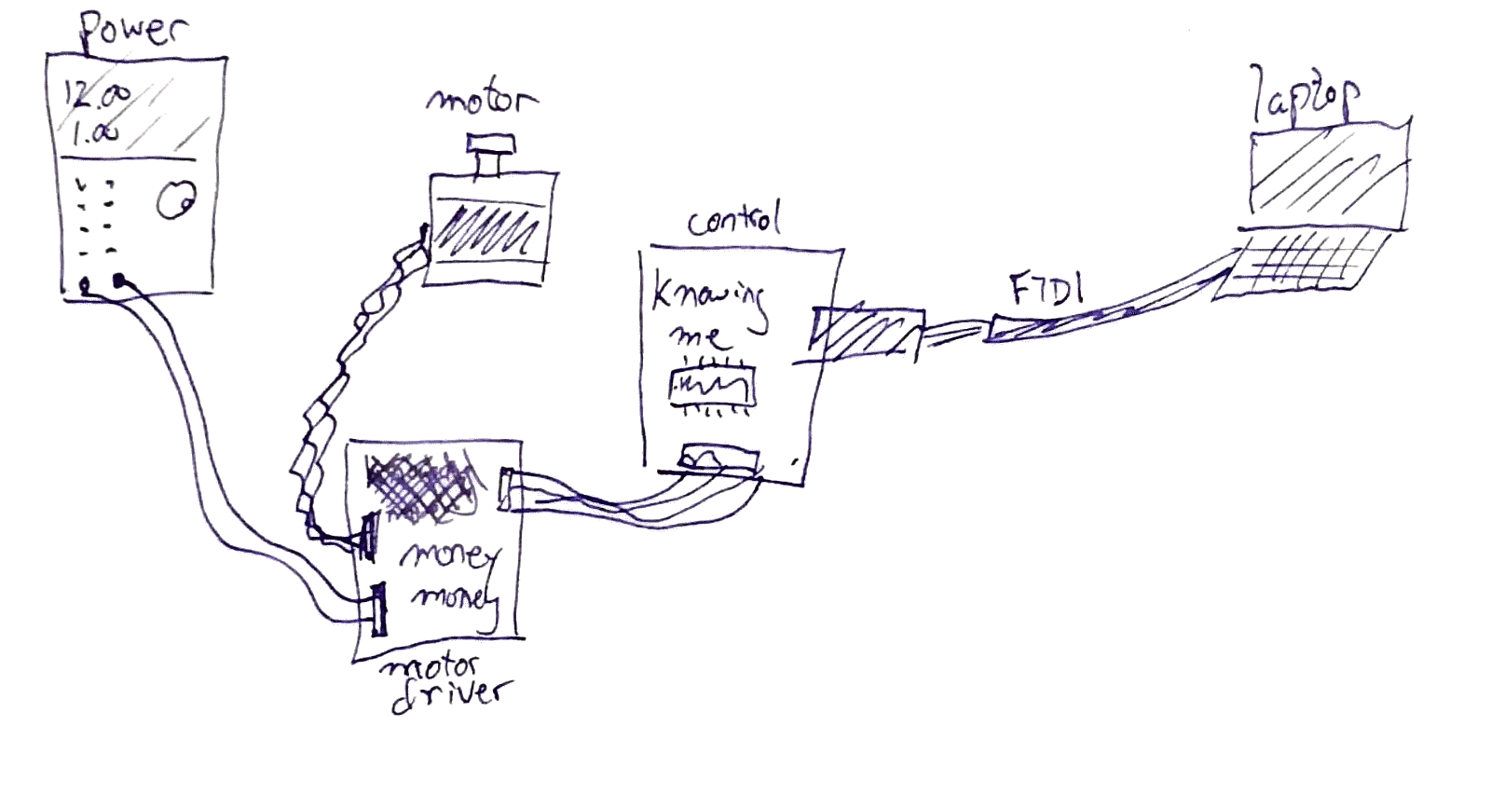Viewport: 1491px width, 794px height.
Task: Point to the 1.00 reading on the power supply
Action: point(96,132)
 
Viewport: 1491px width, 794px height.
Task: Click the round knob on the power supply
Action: point(174,199)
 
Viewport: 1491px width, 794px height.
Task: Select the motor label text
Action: point(482,100)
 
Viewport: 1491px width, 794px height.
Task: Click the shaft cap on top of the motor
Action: point(491,145)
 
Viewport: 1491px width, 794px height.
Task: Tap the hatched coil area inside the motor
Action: point(488,233)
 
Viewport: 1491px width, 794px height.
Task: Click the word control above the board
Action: point(733,221)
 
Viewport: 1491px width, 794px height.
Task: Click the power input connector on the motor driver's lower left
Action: point(377,610)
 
